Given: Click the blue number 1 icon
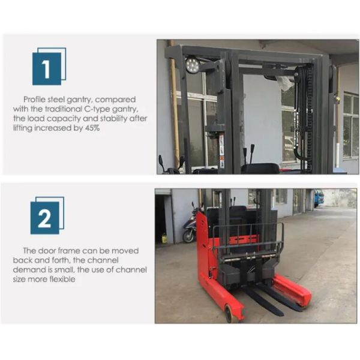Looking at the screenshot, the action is point(49,67).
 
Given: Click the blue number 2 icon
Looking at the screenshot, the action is point(47,215).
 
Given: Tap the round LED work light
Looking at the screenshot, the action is point(193,65).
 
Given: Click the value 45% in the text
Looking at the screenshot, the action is point(92,128).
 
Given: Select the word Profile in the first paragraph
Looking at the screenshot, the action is point(34,100).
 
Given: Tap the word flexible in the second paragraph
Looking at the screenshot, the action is point(62,279).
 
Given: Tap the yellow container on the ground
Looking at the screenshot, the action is point(164,238).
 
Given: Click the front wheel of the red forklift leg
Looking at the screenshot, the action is point(229,314).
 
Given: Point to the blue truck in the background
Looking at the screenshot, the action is point(319,198).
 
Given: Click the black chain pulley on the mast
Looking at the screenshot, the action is point(300,73).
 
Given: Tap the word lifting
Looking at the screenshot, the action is point(23,128).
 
